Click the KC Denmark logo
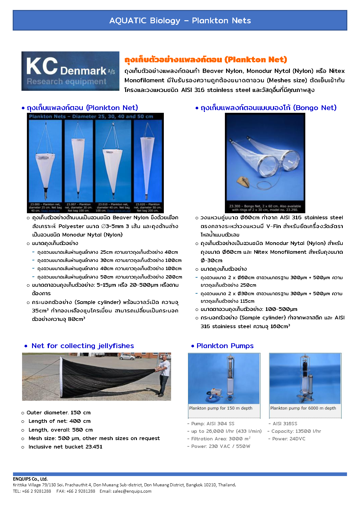tap(70, 71)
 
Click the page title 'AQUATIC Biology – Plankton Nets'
tap(180, 21)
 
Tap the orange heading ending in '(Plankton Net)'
tap(206, 60)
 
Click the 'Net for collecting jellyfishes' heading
tap(83, 346)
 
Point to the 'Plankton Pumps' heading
tap(225, 346)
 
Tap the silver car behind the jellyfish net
tap(127, 357)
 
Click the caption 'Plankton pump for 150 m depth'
tap(221, 408)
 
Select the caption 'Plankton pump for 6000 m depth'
tap(303, 408)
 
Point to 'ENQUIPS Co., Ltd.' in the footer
tap(30, 479)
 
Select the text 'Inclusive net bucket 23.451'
tap(65, 447)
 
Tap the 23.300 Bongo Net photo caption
tap(265, 208)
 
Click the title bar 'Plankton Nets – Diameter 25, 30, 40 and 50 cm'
tap(91, 116)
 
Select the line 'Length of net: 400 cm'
tap(60, 421)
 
